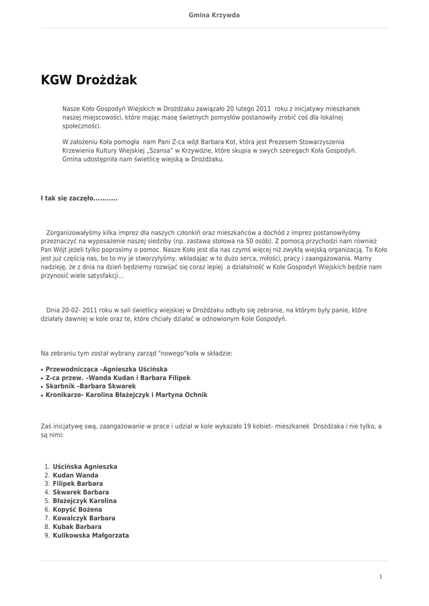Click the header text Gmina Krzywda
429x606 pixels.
tap(214, 15)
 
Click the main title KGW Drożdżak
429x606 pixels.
tap(89, 80)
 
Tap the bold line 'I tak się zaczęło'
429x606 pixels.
tap(79, 198)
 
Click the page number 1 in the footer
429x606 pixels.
tap(381, 576)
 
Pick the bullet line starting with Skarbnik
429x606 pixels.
tap(91, 386)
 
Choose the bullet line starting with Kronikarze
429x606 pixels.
tap(126, 395)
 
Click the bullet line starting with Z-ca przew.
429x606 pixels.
tap(118, 378)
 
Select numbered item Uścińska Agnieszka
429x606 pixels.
tap(85, 466)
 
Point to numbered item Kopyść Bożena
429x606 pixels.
tap(77, 509)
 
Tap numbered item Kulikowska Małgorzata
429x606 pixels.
tap(91, 535)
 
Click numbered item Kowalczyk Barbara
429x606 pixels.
tap(84, 518)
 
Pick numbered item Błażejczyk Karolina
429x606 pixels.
tap(85, 501)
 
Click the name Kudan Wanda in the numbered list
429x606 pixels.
tap(75, 475)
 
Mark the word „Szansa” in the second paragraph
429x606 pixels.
tap(185, 151)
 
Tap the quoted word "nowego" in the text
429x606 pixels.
tap(173, 353)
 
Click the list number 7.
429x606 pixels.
tap(47, 518)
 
